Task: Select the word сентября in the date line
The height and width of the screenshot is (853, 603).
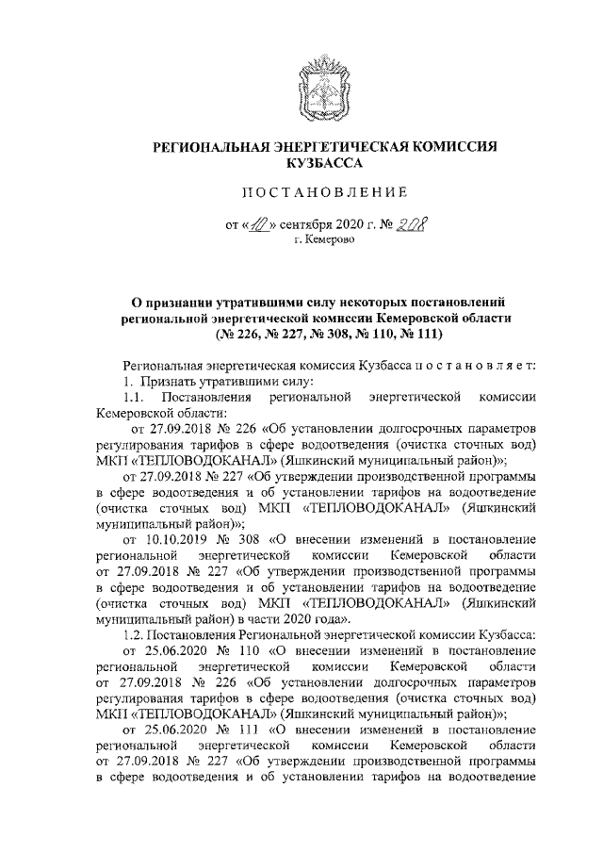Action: (303, 226)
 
